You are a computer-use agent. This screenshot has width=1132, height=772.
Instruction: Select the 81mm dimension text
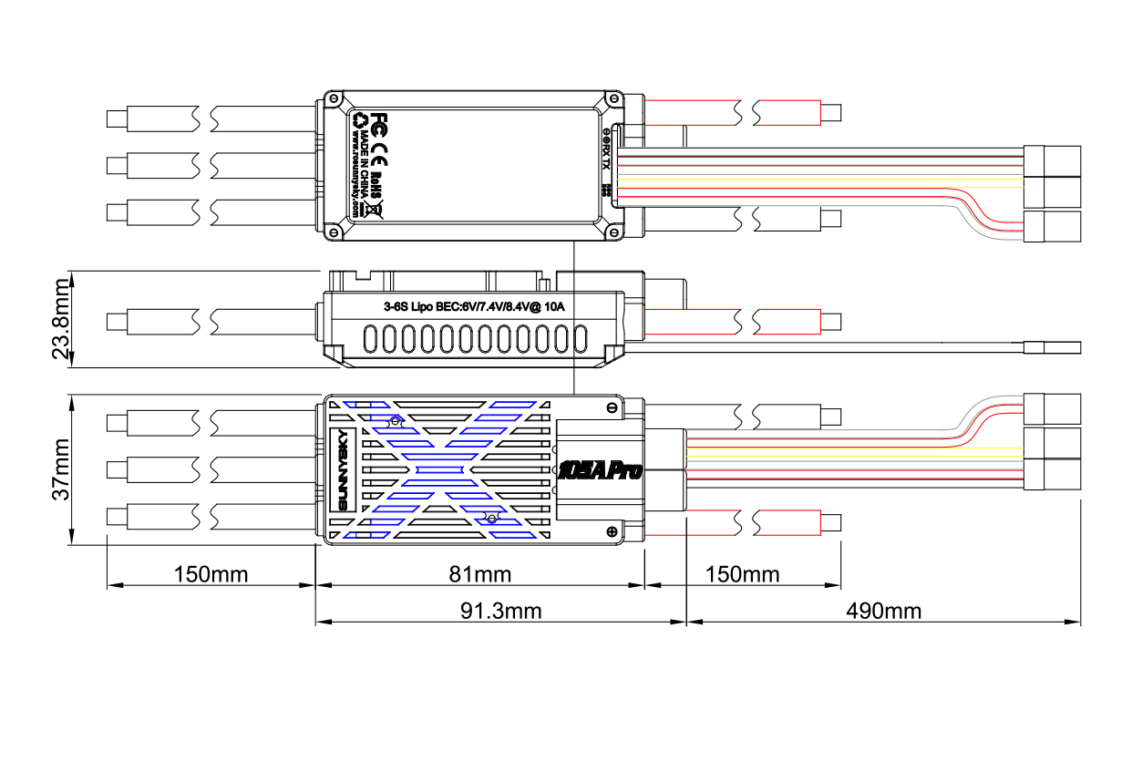pyautogui.click(x=480, y=574)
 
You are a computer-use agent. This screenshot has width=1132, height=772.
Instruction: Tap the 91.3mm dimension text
pyautogui.click(x=500, y=610)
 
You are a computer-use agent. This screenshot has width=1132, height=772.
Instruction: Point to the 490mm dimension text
pyautogui.click(x=883, y=610)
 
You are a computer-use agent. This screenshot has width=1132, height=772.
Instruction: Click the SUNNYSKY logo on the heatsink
pyautogui.click(x=344, y=469)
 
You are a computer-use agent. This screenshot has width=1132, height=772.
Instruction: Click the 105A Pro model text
pyautogui.click(x=599, y=470)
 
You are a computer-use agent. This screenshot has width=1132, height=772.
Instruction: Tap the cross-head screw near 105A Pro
pyautogui.click(x=611, y=531)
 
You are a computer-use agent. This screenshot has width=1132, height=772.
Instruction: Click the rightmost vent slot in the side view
pyautogui.click(x=579, y=339)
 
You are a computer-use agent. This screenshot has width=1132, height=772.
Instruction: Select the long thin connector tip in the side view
pyautogui.click(x=1053, y=347)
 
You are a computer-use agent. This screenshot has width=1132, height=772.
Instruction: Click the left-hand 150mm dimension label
pyautogui.click(x=211, y=574)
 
